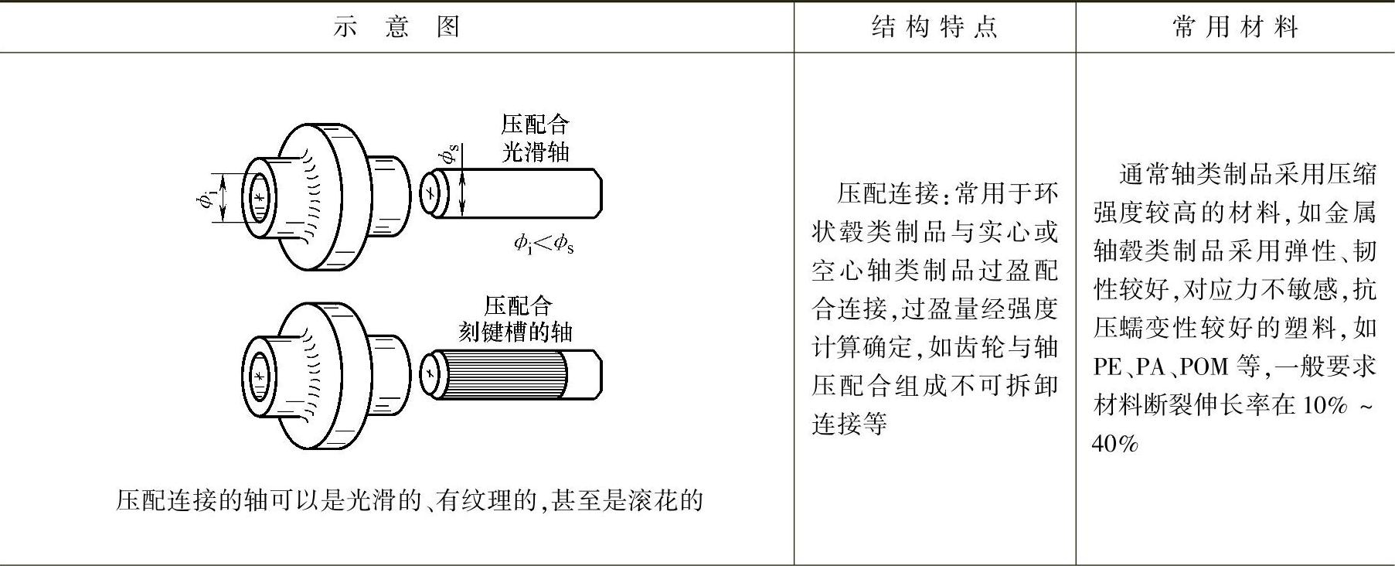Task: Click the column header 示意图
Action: pos(396,27)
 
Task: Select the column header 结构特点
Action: pos(934,27)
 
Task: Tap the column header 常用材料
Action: pos(1234,27)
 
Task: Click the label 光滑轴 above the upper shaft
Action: pos(536,151)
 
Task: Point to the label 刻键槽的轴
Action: pos(515,332)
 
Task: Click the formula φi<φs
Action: pos(543,244)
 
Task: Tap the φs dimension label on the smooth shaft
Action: pos(449,154)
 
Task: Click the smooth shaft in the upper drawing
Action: pos(526,192)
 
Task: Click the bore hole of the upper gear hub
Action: pos(259,198)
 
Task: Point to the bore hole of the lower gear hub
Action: pos(259,376)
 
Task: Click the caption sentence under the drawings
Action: pos(409,500)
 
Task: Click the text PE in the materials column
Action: pos(1107,366)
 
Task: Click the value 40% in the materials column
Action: pos(1114,444)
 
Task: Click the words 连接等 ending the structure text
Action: pos(849,424)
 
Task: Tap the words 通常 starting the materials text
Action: pos(1145,173)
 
